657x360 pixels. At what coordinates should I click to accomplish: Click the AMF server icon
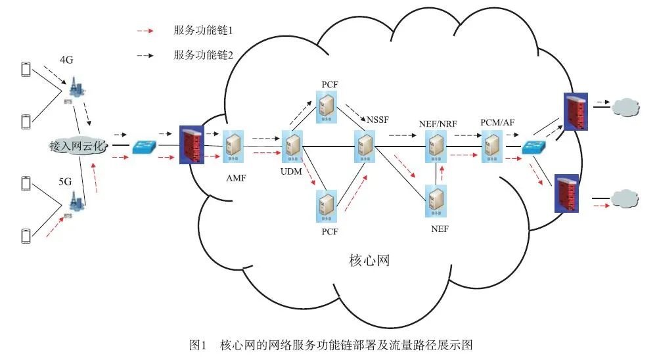233,145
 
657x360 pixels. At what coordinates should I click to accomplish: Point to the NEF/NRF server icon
435,145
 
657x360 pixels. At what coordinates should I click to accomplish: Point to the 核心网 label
368,261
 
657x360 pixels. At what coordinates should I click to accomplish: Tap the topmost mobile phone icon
27,69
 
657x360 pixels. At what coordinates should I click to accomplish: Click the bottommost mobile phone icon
27,235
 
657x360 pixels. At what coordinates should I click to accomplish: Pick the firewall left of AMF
191,145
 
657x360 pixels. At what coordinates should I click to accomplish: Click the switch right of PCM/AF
532,148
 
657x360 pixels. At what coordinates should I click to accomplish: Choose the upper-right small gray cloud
625,106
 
